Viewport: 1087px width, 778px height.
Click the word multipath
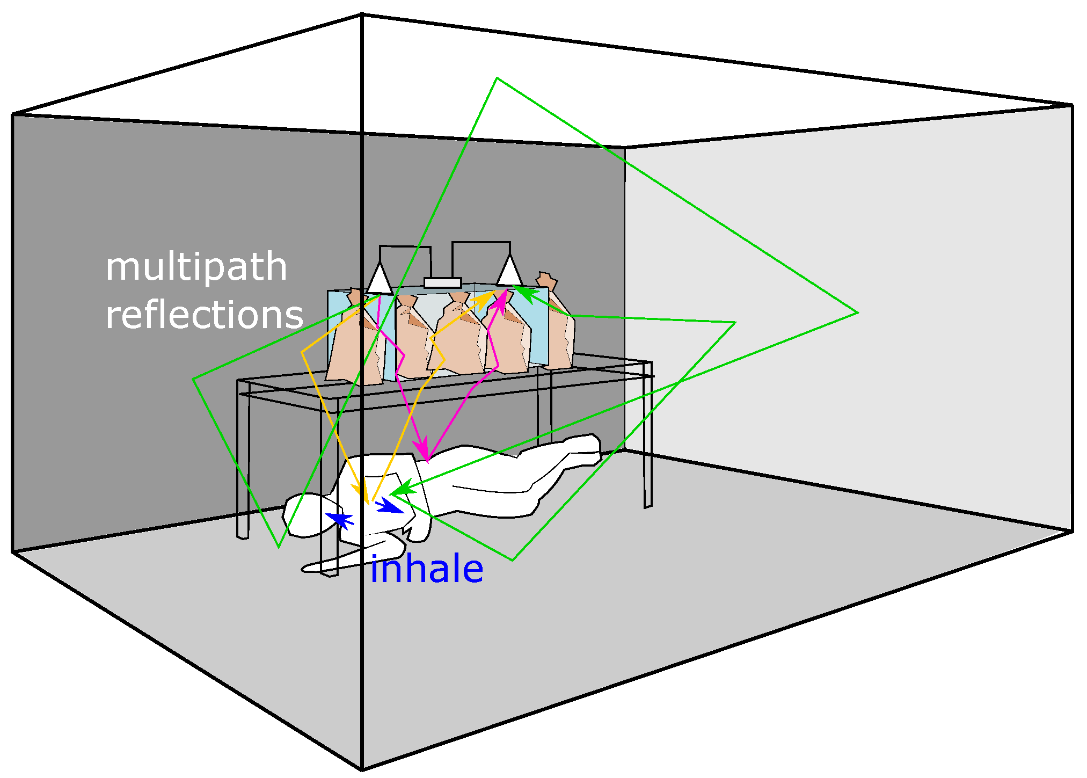pos(196,267)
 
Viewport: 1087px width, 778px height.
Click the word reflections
pos(204,315)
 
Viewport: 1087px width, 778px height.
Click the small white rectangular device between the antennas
pos(442,283)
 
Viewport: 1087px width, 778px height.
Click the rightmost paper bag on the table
pos(558,328)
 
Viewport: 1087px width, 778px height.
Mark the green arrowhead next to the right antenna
pos(526,294)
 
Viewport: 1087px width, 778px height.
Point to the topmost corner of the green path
pos(497,78)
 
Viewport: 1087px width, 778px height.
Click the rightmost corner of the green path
pos(857,312)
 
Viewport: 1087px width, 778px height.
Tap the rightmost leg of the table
pos(648,435)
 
